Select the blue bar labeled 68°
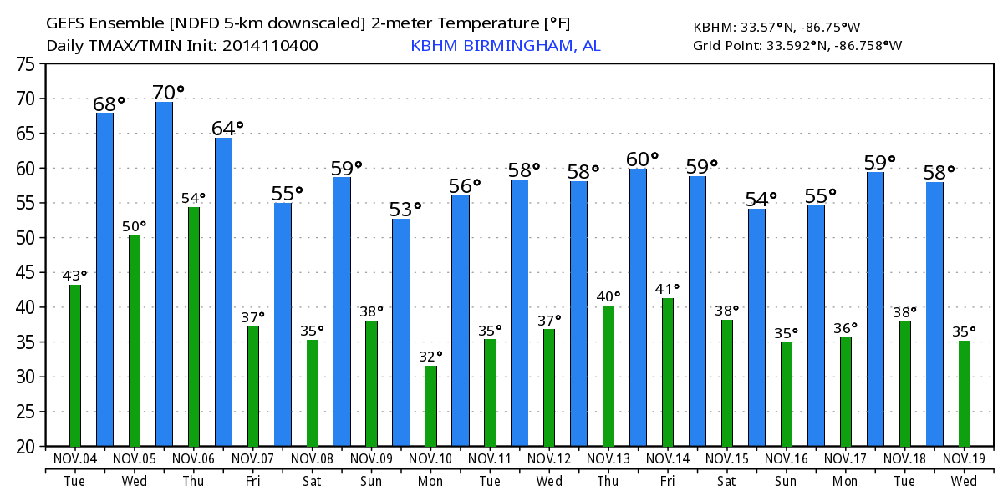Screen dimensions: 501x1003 tap(104, 279)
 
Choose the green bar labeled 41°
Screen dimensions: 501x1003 tap(667, 372)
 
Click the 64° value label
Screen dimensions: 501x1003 tap(227, 128)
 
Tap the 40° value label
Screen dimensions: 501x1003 tap(608, 296)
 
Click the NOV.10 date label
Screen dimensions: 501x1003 tap(430, 458)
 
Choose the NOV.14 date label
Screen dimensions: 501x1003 tap(667, 458)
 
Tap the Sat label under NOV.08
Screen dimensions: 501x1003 tap(312, 481)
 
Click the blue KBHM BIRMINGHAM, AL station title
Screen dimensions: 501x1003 tap(505, 46)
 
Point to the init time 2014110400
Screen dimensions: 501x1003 tap(270, 46)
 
